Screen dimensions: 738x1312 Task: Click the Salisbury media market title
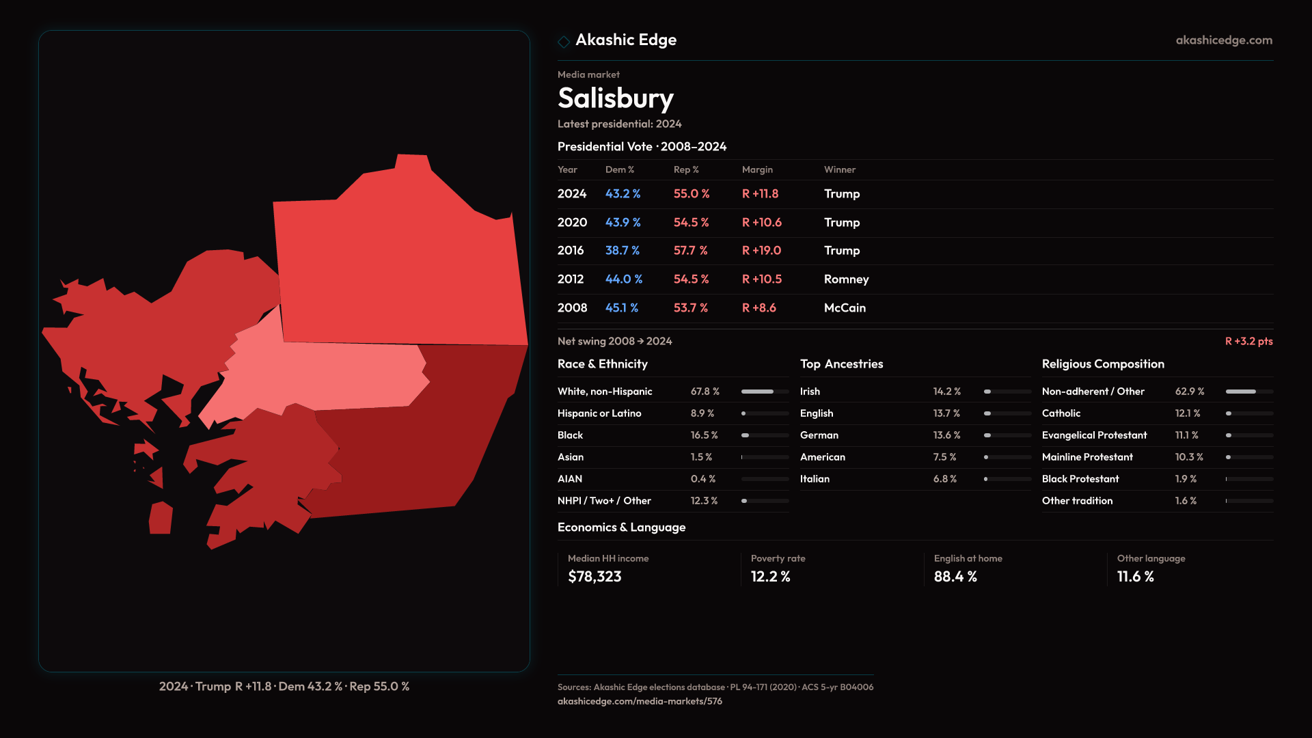point(615,98)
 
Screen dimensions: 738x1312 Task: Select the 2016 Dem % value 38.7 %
point(622,251)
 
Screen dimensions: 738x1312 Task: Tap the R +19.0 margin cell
point(761,251)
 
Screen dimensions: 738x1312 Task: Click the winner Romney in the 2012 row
point(846,279)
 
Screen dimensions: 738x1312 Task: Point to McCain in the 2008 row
point(845,308)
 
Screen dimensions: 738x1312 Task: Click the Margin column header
point(757,169)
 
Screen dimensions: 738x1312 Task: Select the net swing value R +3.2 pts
point(1248,341)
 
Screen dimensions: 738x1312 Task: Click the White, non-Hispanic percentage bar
point(765,392)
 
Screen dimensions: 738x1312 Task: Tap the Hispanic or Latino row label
point(599,413)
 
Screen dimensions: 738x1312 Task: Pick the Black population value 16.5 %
point(704,435)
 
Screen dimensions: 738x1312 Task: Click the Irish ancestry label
point(810,392)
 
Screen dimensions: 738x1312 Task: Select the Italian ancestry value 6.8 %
point(944,479)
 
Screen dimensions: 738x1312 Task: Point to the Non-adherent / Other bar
point(1249,392)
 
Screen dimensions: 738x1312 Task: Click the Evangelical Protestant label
point(1094,435)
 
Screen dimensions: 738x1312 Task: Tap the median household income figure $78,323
point(594,577)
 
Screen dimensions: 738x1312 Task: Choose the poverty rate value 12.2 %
point(770,577)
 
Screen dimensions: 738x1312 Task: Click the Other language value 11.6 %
point(1135,577)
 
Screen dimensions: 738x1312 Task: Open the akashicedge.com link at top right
point(1224,40)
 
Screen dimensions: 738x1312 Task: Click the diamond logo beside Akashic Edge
point(564,42)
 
